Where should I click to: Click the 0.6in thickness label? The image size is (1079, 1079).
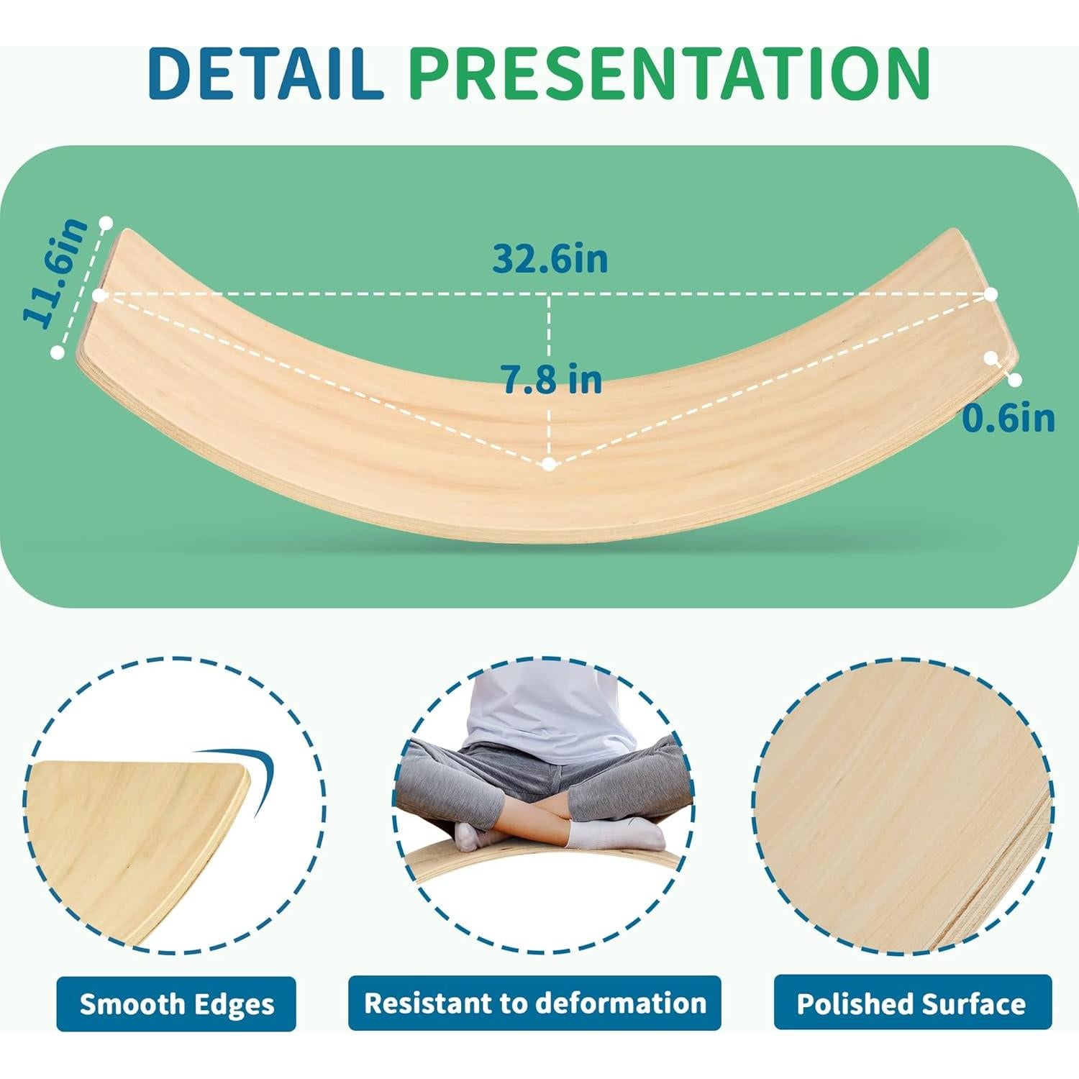coord(1009,419)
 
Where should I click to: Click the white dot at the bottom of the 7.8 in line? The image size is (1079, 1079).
coord(550,465)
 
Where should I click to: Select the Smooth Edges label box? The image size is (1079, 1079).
coord(176,1003)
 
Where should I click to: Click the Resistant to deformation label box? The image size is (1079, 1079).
coord(534,1002)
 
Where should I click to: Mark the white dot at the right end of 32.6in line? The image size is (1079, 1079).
coord(991,294)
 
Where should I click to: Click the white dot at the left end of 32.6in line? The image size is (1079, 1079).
coord(99,295)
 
